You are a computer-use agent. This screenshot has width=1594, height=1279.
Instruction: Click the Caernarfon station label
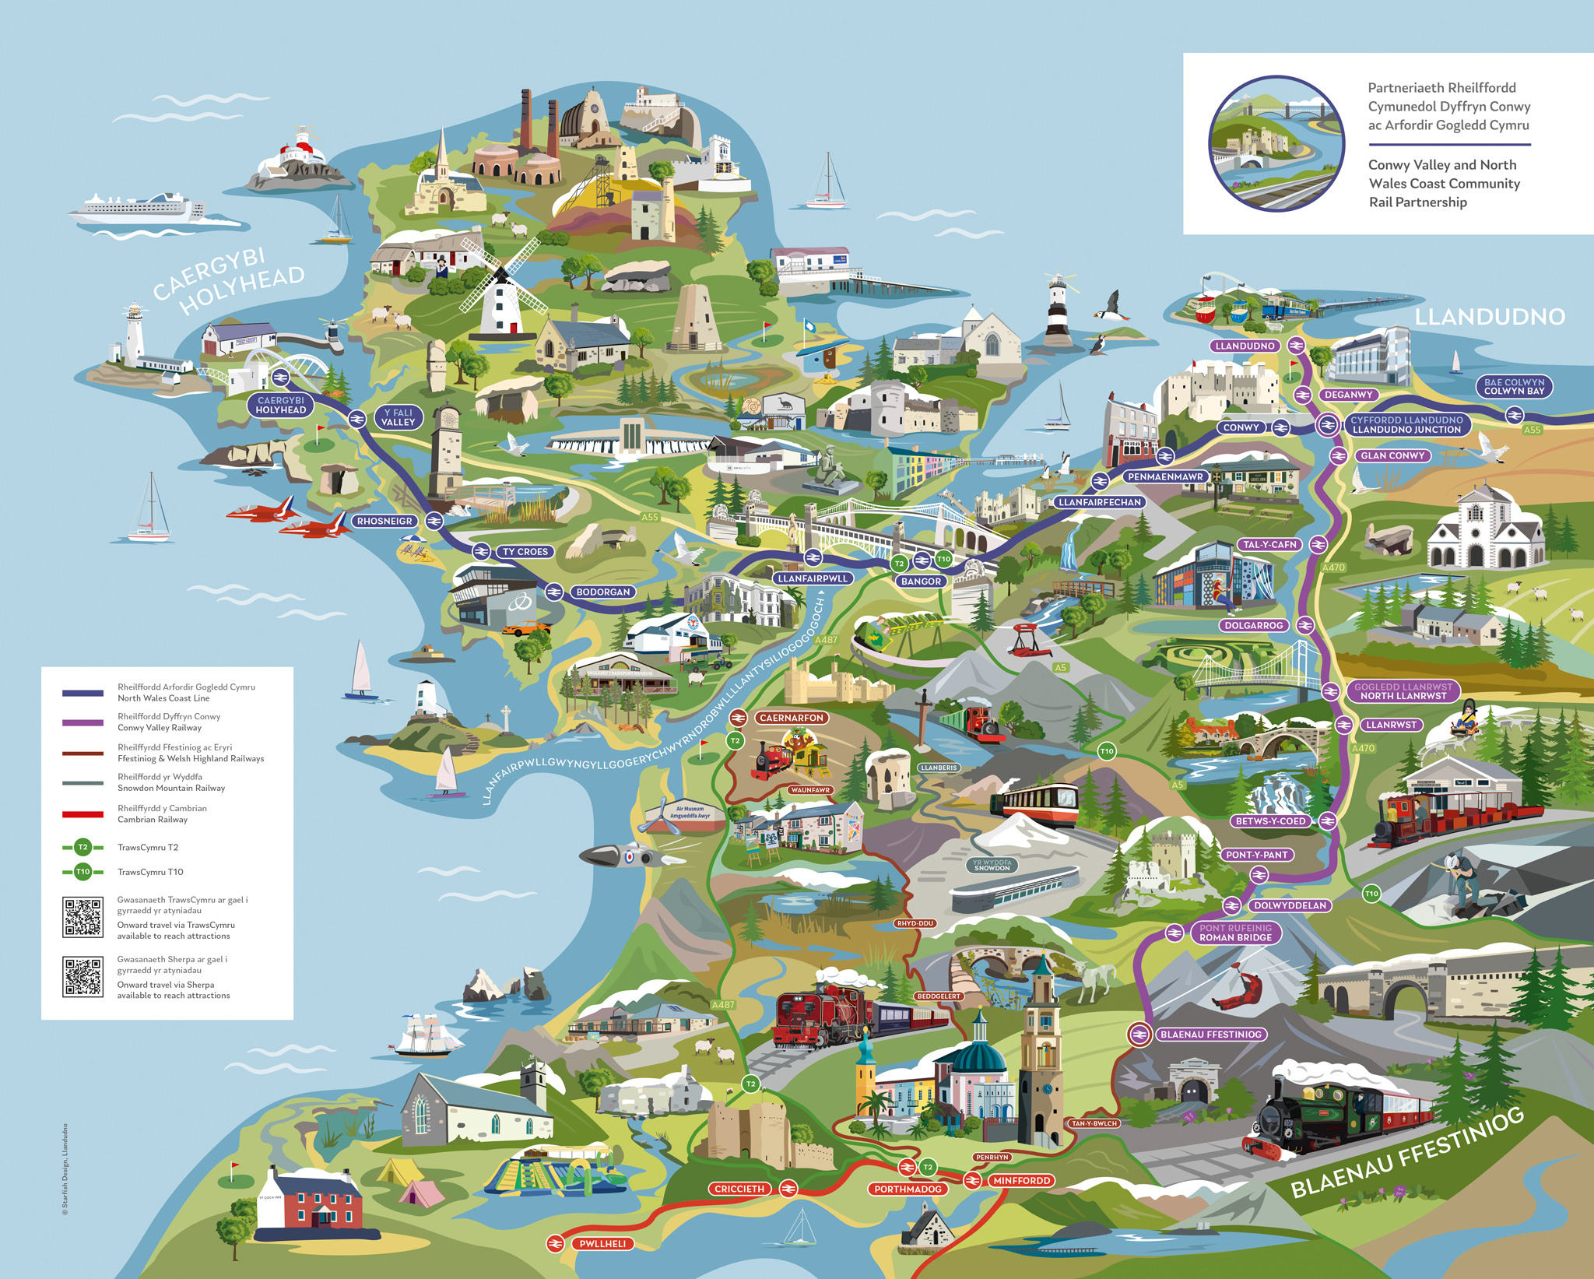[x=791, y=718]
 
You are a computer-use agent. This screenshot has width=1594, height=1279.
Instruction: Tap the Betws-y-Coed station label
[x=1270, y=820]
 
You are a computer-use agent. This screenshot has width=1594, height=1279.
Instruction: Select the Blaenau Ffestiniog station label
[x=1210, y=1035]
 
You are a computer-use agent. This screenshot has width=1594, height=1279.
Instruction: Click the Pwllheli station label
[x=602, y=1243]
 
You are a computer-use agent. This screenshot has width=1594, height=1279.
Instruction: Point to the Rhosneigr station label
[x=384, y=521]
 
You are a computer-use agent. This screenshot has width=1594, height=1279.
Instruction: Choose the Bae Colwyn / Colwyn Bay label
[x=1514, y=387]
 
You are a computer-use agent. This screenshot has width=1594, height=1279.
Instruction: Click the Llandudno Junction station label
[x=1406, y=424]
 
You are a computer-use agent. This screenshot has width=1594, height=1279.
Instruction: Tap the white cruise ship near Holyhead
[x=136, y=208]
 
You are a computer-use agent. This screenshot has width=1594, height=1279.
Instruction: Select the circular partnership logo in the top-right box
[x=1276, y=143]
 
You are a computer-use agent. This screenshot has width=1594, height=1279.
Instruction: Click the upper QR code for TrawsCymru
[x=83, y=917]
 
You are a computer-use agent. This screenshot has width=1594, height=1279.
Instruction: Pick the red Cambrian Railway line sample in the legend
[x=83, y=814]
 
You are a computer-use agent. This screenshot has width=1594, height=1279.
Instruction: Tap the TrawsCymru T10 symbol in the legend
[x=83, y=872]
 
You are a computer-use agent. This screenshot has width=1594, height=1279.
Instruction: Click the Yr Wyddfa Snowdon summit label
[x=992, y=866]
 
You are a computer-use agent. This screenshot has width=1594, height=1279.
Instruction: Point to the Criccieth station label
[x=739, y=1189]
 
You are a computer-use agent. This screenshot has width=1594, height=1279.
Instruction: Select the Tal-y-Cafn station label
[x=1269, y=545]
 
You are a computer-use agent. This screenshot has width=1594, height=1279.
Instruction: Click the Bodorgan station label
[x=602, y=592]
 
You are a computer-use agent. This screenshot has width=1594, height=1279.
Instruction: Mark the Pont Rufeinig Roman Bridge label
[x=1235, y=933]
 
